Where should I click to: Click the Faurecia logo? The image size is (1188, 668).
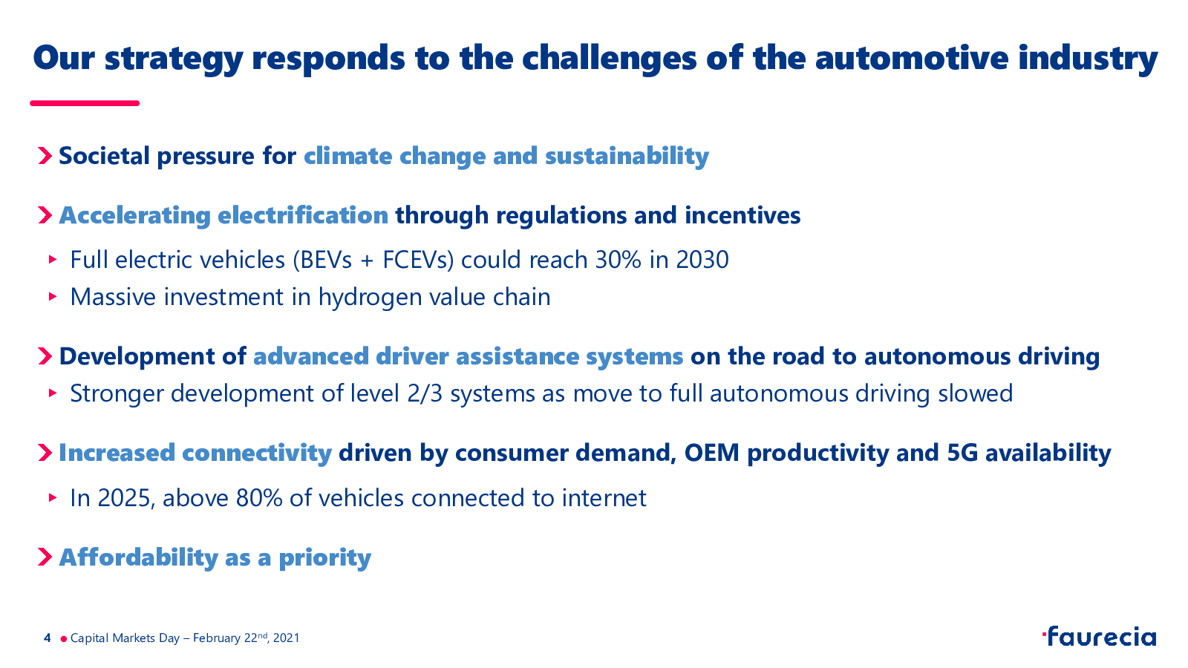[1099, 636]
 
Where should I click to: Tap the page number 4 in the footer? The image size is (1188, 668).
[48, 638]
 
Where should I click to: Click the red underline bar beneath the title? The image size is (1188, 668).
[85, 103]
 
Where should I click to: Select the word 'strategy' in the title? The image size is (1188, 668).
[174, 59]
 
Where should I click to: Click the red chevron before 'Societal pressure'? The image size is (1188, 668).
[45, 156]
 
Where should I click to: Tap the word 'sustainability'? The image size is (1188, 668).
[627, 157]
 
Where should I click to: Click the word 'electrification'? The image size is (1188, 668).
[303, 215]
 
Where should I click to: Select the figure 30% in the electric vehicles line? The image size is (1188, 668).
[619, 260]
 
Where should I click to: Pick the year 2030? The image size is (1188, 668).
[702, 260]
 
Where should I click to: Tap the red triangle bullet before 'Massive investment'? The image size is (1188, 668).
[53, 296]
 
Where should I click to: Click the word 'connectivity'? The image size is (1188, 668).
[257, 453]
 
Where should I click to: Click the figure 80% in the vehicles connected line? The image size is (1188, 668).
[259, 498]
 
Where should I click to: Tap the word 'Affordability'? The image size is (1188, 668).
[138, 557]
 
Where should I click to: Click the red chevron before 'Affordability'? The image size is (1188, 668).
[45, 557]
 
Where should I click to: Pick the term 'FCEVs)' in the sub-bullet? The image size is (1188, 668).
[418, 261]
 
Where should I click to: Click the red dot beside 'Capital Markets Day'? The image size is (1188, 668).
[64, 639]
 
